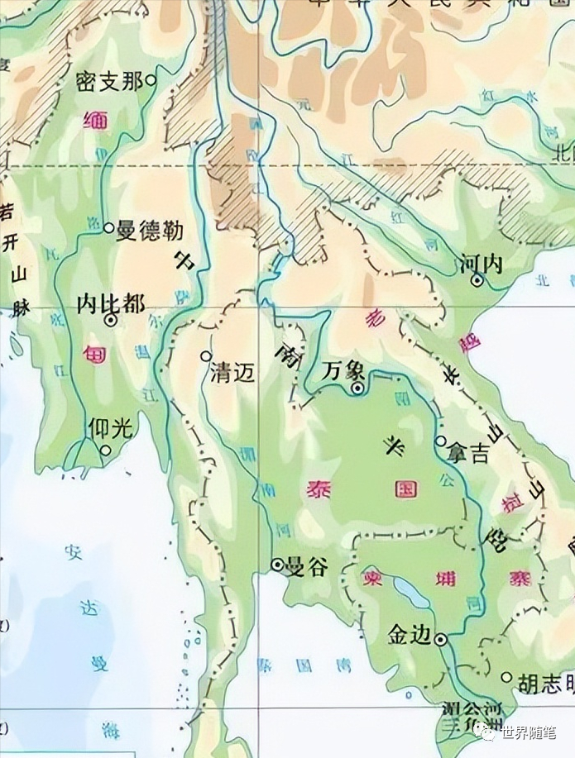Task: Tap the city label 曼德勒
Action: click(x=149, y=230)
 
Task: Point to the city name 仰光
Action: click(x=109, y=427)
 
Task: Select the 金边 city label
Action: click(x=410, y=635)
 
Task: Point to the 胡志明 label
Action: click(x=544, y=683)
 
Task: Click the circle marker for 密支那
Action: click(x=151, y=80)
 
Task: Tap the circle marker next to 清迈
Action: click(x=206, y=355)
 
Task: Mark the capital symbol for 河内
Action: click(x=477, y=281)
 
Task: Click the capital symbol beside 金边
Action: click(x=441, y=638)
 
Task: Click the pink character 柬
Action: click(x=368, y=573)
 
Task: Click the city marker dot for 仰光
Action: click(x=106, y=450)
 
